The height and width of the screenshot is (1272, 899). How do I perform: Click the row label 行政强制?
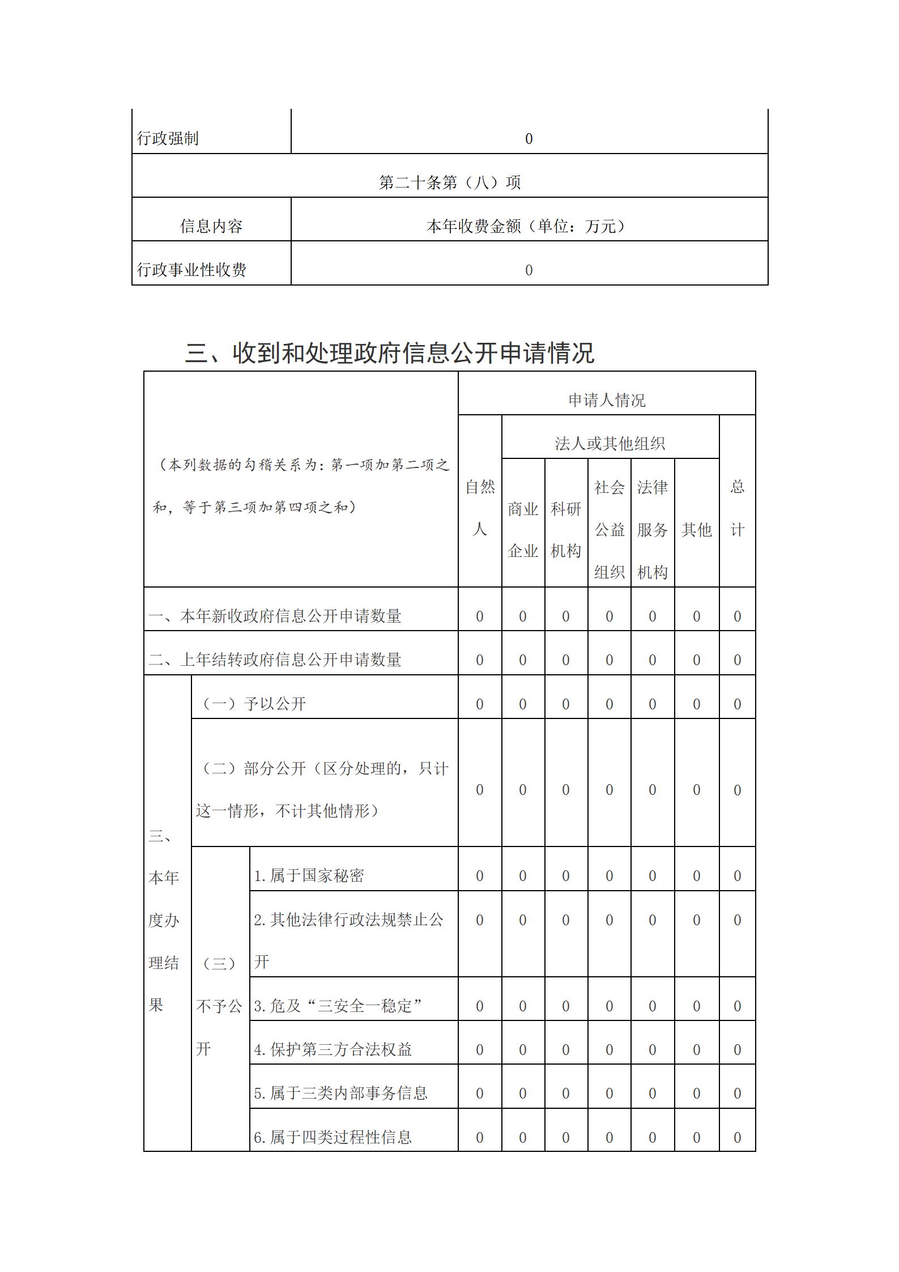[168, 138]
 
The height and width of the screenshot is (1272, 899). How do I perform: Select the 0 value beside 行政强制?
[529, 139]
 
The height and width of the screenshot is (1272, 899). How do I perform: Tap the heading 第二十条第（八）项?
[449, 182]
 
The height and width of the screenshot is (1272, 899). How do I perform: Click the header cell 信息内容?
[211, 227]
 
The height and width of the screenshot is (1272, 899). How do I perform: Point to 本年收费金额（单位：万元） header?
[529, 227]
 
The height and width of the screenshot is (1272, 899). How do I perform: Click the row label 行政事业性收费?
[191, 270]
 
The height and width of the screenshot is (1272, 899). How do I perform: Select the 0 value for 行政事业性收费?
[529, 270]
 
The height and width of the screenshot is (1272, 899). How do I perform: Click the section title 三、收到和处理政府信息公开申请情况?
[390, 353]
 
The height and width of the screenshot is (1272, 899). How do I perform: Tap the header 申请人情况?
[607, 401]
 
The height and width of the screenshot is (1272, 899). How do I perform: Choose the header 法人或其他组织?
[610, 444]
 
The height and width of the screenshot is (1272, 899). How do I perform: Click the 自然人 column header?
[480, 508]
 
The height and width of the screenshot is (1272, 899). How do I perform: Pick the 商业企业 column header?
[523, 529]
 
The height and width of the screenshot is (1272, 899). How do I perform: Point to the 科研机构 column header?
[566, 529]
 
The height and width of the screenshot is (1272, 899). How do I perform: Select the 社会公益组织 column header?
[609, 529]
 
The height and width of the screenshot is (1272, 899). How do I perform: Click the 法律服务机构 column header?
[652, 529]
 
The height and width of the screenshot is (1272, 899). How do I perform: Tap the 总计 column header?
[737, 508]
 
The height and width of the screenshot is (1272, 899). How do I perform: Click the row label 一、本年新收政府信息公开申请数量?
[275, 616]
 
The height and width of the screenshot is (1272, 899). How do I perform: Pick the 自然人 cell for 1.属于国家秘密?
[480, 876]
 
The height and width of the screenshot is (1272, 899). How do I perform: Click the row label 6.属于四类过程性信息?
[333, 1137]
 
